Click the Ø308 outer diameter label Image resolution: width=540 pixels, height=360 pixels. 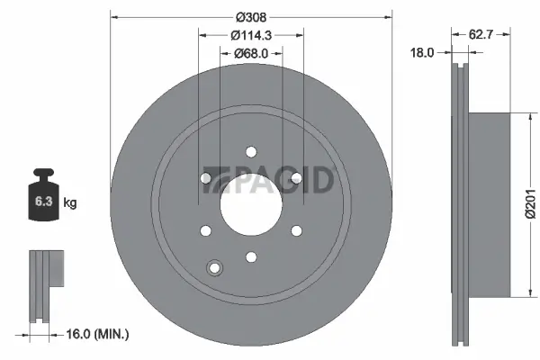tap(250, 15)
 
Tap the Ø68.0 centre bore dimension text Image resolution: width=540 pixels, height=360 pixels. tap(251, 53)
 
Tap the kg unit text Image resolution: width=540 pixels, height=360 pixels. tap(70, 203)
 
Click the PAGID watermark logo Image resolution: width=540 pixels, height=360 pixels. tap(269, 180)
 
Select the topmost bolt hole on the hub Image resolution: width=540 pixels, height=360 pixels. tap(251, 150)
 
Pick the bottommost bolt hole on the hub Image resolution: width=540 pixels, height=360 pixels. tap(251, 257)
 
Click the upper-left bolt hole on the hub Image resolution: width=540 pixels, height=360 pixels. tap(205, 177)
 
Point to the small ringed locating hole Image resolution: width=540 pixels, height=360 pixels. tap(214, 267)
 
